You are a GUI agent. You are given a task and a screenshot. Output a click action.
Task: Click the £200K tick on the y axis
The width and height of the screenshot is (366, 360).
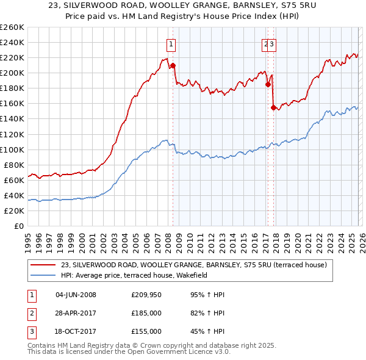(x=12, y=73)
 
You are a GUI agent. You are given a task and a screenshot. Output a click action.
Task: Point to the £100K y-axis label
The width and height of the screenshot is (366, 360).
(x=12, y=149)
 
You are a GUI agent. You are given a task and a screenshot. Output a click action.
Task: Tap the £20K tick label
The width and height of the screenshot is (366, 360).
(x=13, y=211)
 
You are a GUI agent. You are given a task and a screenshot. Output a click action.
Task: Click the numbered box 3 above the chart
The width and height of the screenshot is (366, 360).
(x=272, y=44)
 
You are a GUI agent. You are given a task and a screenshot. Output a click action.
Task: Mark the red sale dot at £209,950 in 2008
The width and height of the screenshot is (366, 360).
(x=173, y=65)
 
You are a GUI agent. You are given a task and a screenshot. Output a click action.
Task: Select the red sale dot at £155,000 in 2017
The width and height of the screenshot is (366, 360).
(x=273, y=107)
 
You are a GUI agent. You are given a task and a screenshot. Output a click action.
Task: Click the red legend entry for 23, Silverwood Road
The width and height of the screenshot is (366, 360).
(x=194, y=265)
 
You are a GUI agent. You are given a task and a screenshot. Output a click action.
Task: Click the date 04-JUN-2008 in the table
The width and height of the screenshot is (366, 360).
(x=76, y=295)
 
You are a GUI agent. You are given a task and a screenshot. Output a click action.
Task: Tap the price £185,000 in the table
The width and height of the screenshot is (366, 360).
(x=146, y=313)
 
